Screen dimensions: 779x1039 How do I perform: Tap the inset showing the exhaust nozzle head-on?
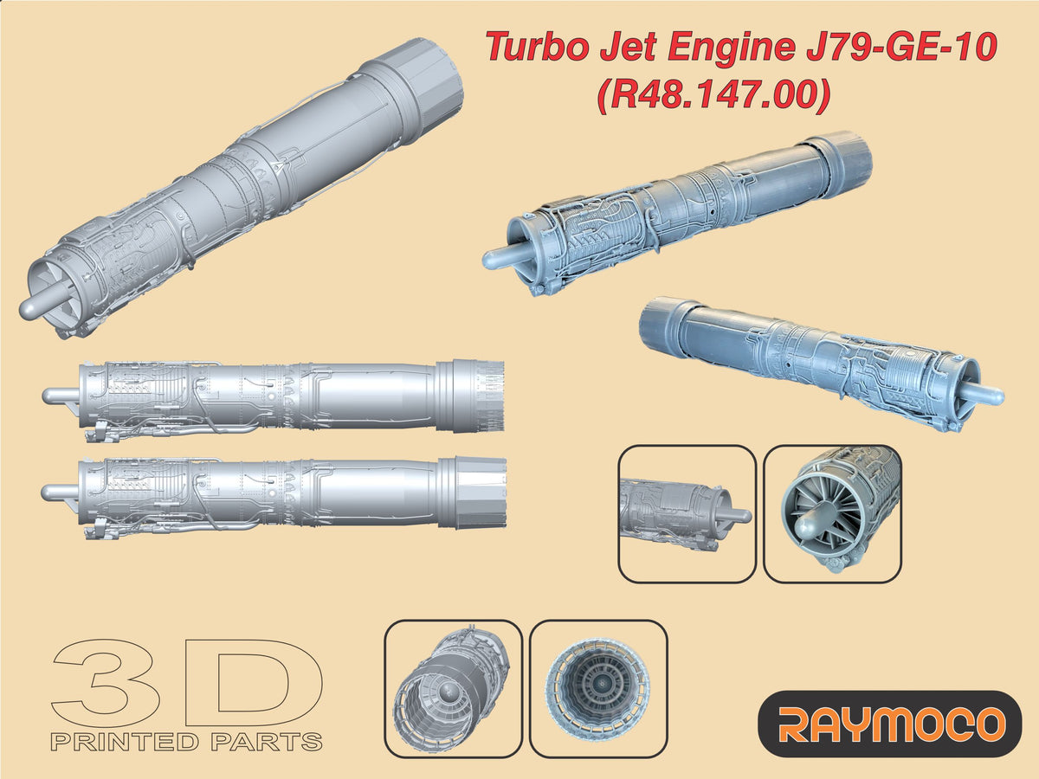click(x=598, y=689)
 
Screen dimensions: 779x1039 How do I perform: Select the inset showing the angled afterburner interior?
click(x=452, y=689)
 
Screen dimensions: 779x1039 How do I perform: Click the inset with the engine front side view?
click(x=687, y=513)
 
